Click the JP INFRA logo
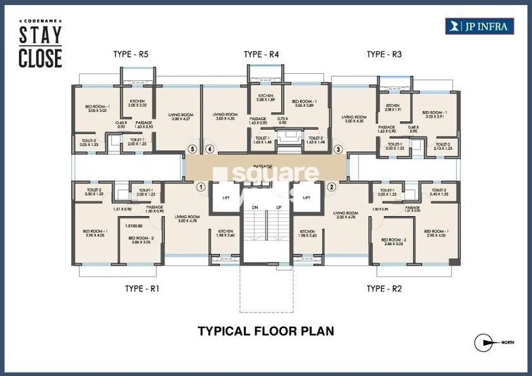coord(478,26)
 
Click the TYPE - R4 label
coord(262,54)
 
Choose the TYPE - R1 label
coord(142,289)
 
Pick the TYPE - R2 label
coord(384,289)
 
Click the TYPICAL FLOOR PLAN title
coord(266,330)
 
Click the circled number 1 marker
coord(200,187)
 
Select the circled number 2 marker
coord(331,187)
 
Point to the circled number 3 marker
coord(338,149)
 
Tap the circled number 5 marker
coord(191,149)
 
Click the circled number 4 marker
coord(209,149)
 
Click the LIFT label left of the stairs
coord(226,198)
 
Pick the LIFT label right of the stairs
coord(307,198)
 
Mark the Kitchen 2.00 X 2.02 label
coord(137,104)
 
